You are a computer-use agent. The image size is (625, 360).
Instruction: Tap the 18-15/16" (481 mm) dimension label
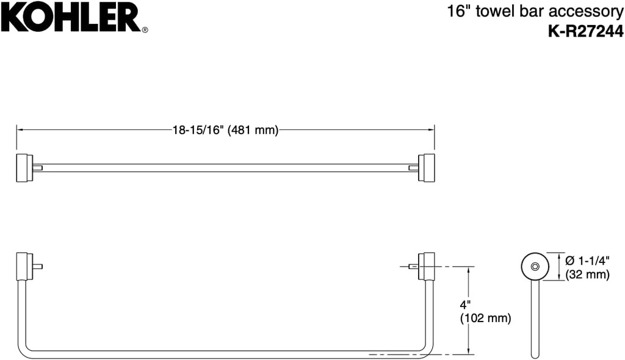click(x=225, y=130)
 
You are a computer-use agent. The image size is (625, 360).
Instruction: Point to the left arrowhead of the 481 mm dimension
click(x=20, y=130)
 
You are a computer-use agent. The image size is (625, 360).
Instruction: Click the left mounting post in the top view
click(x=24, y=168)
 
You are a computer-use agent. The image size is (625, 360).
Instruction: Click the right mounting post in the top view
click(x=425, y=168)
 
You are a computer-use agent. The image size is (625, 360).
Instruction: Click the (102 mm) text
click(x=485, y=318)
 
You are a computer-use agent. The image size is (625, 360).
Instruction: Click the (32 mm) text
click(x=588, y=275)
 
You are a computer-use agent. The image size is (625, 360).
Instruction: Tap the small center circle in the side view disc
click(x=535, y=267)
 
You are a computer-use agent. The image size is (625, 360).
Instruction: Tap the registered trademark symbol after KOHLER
click(x=145, y=29)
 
